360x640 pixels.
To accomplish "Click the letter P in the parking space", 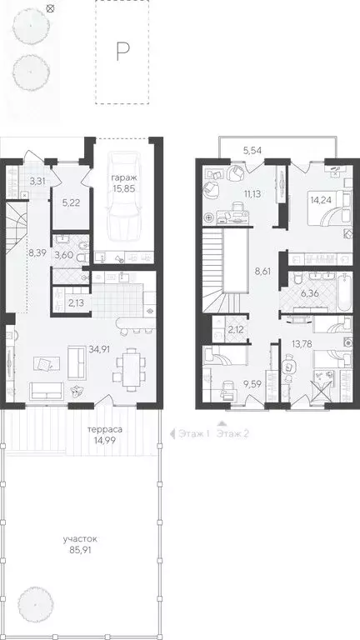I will point(122,52).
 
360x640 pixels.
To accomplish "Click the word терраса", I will point(104,431).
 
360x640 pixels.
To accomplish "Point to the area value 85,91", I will point(80,551).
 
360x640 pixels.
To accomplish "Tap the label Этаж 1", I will point(191,433).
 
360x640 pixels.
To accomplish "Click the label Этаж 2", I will point(234,433).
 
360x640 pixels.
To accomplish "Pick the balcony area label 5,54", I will point(253,149).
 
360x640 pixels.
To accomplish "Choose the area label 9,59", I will point(252,385).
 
